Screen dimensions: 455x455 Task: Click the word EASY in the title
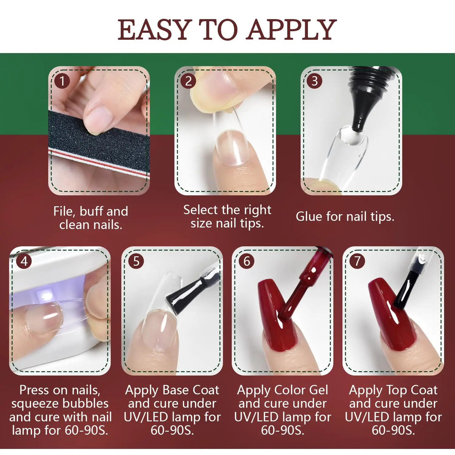click(155, 29)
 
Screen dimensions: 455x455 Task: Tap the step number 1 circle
click(62, 81)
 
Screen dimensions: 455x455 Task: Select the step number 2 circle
click(188, 81)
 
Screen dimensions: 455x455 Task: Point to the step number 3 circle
click(315, 81)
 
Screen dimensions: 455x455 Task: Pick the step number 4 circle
click(24, 261)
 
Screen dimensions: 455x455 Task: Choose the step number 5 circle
click(136, 261)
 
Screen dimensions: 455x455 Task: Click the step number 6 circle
click(247, 261)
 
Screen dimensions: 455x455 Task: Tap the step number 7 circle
click(357, 261)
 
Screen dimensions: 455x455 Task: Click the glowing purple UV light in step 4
click(45, 296)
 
